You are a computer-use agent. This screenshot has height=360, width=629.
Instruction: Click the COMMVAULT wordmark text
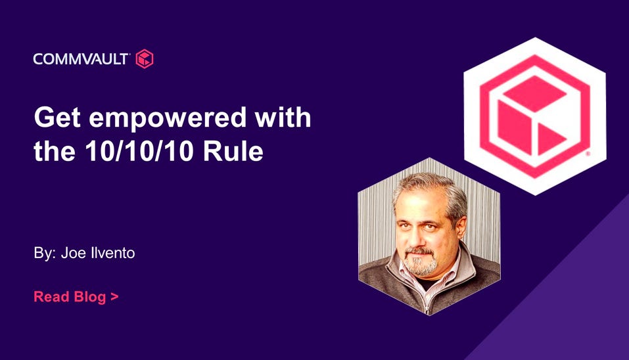coord(80,59)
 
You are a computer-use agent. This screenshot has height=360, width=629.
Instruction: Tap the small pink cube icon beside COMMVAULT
coord(145,59)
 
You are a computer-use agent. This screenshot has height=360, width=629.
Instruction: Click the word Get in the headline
coord(57,118)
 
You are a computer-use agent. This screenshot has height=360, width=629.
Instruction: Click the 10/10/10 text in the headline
coord(139,151)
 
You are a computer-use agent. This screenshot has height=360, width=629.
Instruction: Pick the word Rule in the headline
coord(233,151)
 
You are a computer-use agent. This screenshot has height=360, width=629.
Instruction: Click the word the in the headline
coord(55,151)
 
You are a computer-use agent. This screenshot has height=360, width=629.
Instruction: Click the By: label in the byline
coord(45,254)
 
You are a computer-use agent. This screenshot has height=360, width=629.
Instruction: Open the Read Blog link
coord(76,297)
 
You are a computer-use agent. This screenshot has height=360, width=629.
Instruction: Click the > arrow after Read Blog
coord(114,297)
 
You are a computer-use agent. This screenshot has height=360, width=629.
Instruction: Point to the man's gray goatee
coord(420,263)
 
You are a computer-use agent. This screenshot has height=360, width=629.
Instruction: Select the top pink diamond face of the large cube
coord(535,93)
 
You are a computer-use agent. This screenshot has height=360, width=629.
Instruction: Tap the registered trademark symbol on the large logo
coord(588,154)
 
